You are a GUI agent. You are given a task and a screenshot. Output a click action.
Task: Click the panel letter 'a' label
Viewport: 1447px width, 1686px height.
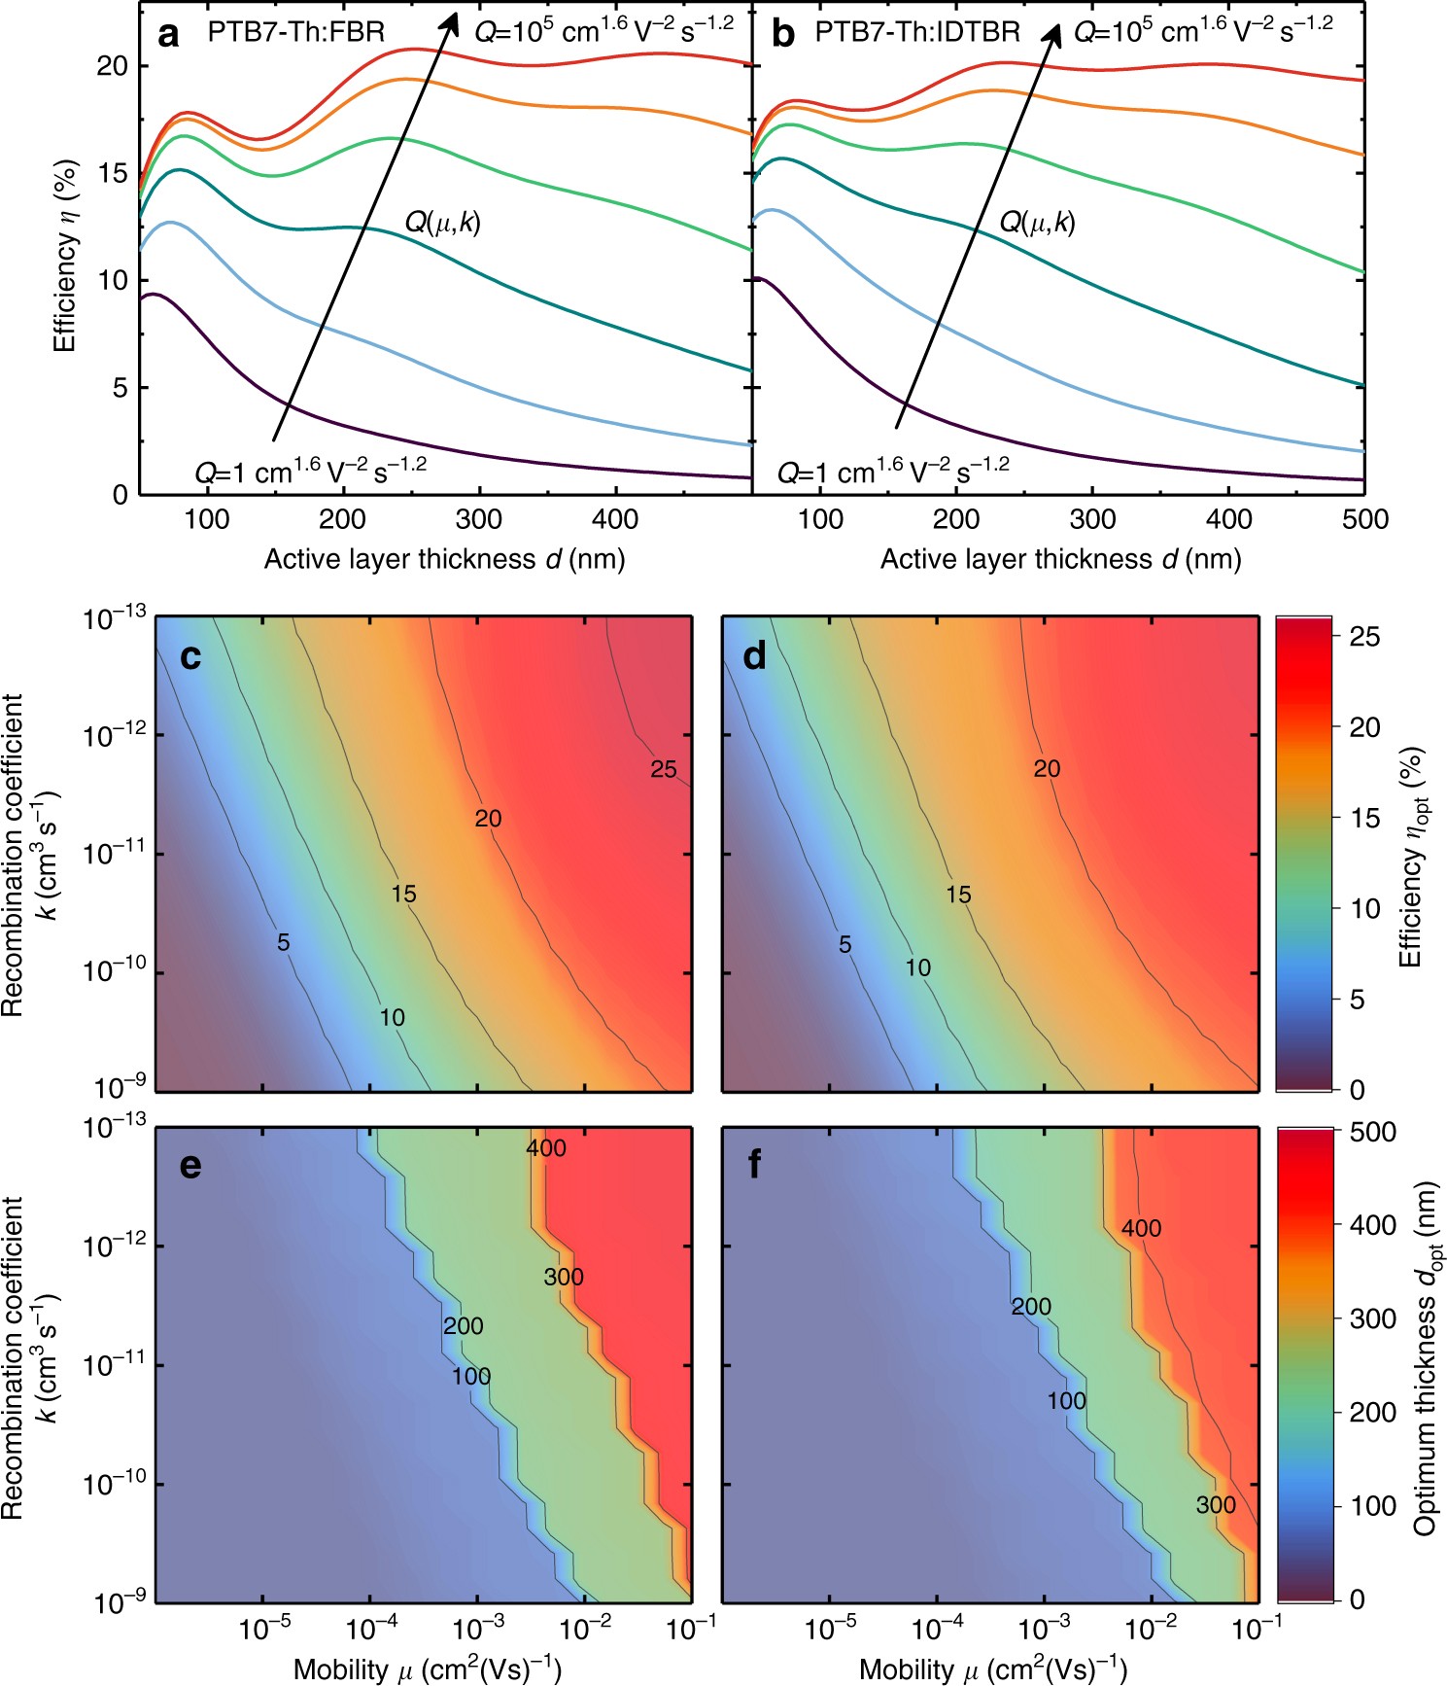tap(169, 35)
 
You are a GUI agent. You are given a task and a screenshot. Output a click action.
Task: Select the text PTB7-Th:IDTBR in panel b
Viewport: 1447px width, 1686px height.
tap(916, 33)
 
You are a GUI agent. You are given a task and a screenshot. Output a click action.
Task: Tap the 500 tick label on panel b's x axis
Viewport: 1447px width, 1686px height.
tap(1364, 519)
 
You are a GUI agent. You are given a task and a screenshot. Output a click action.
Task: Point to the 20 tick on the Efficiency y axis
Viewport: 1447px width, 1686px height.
tap(112, 66)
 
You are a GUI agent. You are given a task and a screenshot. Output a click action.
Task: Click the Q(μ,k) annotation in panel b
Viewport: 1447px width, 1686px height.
tap(1037, 224)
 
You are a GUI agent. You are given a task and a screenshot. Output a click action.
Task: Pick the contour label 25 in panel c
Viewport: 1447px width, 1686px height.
tap(664, 770)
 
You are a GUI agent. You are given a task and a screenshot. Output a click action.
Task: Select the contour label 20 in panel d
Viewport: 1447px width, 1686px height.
tap(1047, 769)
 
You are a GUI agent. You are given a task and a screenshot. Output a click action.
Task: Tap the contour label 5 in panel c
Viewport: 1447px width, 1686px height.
tap(284, 942)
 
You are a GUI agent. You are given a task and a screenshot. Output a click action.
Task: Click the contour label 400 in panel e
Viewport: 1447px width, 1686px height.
tap(546, 1148)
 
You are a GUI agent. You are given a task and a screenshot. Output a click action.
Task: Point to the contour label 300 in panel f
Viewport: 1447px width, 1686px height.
tap(1216, 1505)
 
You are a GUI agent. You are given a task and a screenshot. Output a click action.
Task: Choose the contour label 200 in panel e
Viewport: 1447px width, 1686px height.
tap(463, 1326)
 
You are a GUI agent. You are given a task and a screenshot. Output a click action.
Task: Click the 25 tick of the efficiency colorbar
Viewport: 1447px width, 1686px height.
tap(1364, 637)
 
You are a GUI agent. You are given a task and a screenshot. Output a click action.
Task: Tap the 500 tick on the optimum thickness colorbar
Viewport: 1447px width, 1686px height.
tap(1372, 1133)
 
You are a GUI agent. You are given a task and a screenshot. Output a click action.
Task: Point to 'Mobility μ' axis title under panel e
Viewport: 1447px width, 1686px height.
tap(428, 1668)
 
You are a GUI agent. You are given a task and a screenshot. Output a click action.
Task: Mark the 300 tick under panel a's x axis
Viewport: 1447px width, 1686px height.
tap(479, 519)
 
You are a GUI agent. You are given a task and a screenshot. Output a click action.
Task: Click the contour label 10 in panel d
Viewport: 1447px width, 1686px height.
tap(917, 967)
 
